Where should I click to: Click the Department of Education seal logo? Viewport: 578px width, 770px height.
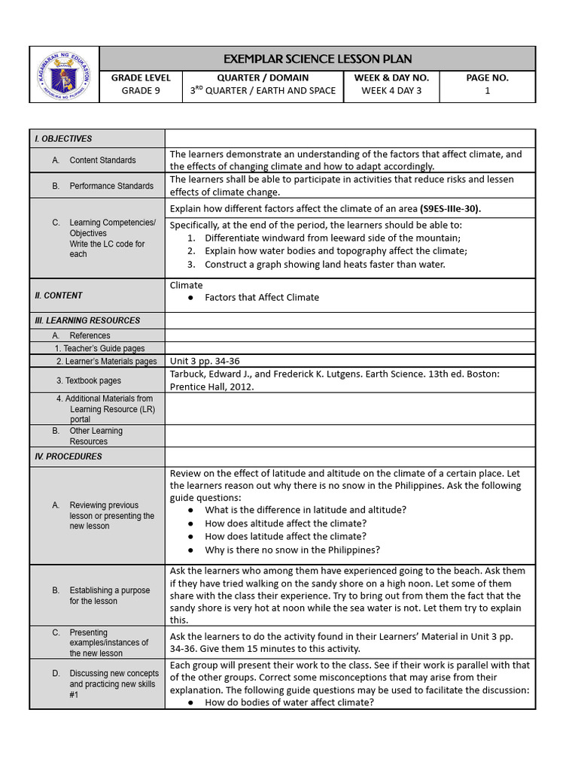(64, 74)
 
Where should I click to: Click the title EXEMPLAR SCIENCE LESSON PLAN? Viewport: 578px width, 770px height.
(317, 59)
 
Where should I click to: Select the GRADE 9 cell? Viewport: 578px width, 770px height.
(141, 91)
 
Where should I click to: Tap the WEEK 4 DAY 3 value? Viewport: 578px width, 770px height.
(391, 91)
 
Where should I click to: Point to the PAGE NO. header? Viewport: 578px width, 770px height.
(487, 77)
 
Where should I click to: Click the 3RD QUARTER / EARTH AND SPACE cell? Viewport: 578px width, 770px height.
(263, 91)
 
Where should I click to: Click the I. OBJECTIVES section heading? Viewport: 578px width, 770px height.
(63, 138)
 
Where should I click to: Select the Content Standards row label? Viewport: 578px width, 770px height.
(102, 160)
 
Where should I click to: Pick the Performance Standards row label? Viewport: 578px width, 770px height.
(111, 186)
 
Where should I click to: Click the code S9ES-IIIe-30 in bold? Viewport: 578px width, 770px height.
(450, 208)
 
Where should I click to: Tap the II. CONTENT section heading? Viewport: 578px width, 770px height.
(59, 296)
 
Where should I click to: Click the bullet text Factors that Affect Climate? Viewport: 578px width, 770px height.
(262, 297)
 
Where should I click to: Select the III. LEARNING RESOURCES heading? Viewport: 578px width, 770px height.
(87, 320)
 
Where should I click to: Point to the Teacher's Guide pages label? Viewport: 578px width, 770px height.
(99, 348)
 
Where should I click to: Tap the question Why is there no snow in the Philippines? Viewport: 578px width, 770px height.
(292, 550)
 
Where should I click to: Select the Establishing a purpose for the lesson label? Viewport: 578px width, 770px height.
(109, 596)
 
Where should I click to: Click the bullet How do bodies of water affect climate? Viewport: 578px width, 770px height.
(289, 702)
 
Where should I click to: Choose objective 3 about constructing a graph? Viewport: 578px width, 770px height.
(324, 264)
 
